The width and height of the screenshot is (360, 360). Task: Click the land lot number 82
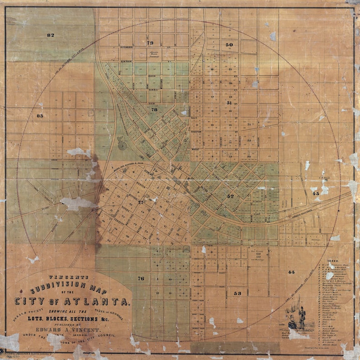point(50,35)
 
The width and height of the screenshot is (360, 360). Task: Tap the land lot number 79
point(150,43)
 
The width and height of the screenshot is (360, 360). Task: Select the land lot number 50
point(229,45)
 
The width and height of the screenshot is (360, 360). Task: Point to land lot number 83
point(39,116)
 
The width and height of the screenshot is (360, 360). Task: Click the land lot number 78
point(154,110)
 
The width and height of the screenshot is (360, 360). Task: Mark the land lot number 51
point(229,103)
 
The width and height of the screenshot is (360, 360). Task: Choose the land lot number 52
point(230,196)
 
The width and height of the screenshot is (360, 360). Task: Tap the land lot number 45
point(316,194)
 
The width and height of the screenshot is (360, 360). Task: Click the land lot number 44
point(291,272)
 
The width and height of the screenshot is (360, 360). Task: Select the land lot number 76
point(141,278)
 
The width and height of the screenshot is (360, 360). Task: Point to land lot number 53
point(238,293)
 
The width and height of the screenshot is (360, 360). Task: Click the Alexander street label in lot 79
point(126,46)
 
